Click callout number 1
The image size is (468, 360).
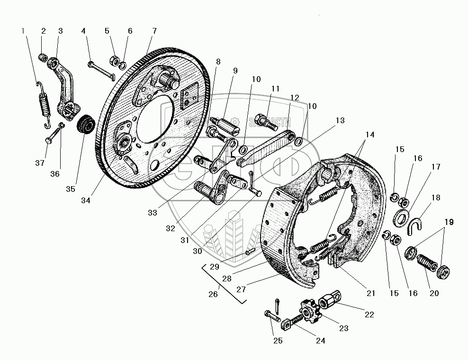coord(23,31)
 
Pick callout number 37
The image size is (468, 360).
coord(40,163)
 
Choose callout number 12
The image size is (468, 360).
coord(295,97)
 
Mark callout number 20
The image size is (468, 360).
coord(434,293)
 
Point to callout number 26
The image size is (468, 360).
coord(213,294)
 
